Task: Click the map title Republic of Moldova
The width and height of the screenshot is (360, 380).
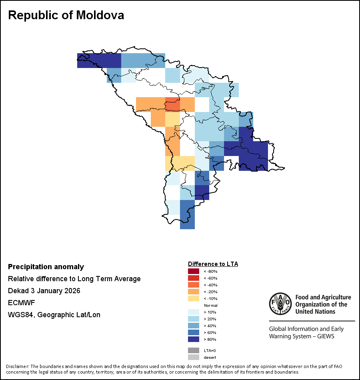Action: click(66, 15)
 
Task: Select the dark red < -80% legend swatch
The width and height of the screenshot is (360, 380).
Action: click(193, 271)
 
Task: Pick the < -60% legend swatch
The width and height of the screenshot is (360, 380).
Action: click(193, 278)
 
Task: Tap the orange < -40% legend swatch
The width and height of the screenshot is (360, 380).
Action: click(193, 285)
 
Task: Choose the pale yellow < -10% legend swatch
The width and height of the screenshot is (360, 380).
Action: click(193, 298)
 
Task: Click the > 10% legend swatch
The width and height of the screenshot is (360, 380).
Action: click(193, 312)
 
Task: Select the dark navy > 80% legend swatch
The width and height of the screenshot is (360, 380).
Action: click(193, 339)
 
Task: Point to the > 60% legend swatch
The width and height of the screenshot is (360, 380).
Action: click(193, 332)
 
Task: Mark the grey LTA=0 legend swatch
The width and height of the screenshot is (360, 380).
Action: click(193, 350)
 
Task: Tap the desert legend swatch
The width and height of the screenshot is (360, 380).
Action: click(193, 357)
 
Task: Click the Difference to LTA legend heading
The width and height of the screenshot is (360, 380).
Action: click(213, 264)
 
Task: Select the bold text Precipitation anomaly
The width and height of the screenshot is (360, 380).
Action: click(46, 267)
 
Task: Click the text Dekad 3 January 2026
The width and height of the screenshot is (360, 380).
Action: click(44, 291)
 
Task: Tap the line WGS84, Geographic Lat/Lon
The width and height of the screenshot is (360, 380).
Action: click(54, 315)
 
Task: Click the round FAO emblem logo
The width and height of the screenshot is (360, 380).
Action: click(280, 304)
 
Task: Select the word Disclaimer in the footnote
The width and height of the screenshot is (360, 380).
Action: click(17, 366)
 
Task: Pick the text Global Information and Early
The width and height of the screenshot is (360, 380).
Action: click(306, 329)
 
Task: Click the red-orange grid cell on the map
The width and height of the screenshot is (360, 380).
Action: click(172, 104)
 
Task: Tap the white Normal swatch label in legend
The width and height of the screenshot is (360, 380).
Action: click(210, 305)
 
